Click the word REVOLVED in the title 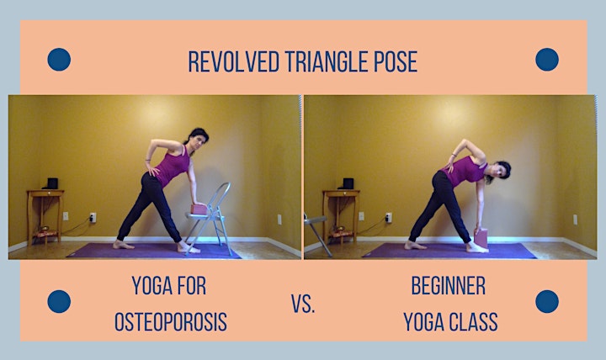(x=233, y=61)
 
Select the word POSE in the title (x=396, y=61)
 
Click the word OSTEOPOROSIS (x=170, y=322)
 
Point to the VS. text (x=303, y=304)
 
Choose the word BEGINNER (x=449, y=286)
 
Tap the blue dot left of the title (x=59, y=60)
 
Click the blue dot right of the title (x=547, y=60)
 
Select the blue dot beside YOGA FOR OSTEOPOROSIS (x=59, y=301)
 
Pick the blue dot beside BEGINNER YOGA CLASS (x=547, y=301)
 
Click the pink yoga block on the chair (x=199, y=209)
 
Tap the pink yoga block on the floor (x=481, y=238)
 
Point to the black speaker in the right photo (x=348, y=183)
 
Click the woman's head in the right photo (x=500, y=171)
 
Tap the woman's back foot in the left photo (x=123, y=245)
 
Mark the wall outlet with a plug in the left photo (x=93, y=218)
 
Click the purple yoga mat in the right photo (x=449, y=251)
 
